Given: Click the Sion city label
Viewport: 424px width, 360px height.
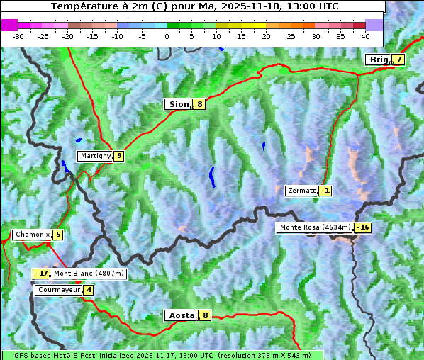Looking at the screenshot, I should pyautogui.click(x=178, y=104).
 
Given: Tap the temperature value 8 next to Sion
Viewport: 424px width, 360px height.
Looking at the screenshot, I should pyautogui.click(x=200, y=104).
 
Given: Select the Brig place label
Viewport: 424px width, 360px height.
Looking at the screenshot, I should pyautogui.click(x=378, y=60).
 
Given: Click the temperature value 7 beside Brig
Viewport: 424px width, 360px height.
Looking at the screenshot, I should pyautogui.click(x=398, y=60).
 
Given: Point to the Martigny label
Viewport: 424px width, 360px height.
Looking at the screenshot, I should pyautogui.click(x=95, y=156).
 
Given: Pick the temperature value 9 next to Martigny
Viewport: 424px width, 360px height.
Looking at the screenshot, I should pyautogui.click(x=118, y=156).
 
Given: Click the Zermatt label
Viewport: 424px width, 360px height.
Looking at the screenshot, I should pyautogui.click(x=301, y=191).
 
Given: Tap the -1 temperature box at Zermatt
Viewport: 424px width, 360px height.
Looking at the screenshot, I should pyautogui.click(x=325, y=191).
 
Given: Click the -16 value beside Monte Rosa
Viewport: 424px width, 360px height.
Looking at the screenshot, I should pyautogui.click(x=363, y=227).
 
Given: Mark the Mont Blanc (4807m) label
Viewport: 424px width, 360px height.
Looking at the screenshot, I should pyautogui.click(x=89, y=274).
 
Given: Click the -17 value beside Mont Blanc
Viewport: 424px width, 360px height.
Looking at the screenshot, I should pyautogui.click(x=42, y=274).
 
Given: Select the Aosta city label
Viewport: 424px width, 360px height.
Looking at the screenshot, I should pyautogui.click(x=180, y=315).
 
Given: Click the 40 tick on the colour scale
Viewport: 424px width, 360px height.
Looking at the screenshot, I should pyautogui.click(x=365, y=35).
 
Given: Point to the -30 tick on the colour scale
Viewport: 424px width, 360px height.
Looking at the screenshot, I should pyautogui.click(x=18, y=35).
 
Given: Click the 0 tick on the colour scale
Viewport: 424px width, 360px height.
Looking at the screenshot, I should pyautogui.click(x=167, y=35).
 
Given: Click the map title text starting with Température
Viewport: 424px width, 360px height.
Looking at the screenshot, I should pyautogui.click(x=194, y=6).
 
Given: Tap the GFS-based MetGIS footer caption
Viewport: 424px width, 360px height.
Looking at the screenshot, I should pyautogui.click(x=162, y=355).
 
